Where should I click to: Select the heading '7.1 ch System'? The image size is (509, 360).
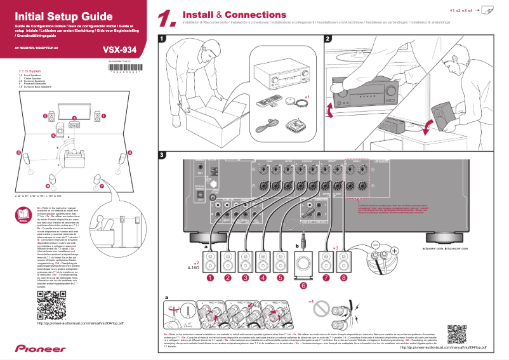pos(30,71)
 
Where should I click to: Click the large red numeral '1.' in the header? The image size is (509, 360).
pos(166,19)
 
